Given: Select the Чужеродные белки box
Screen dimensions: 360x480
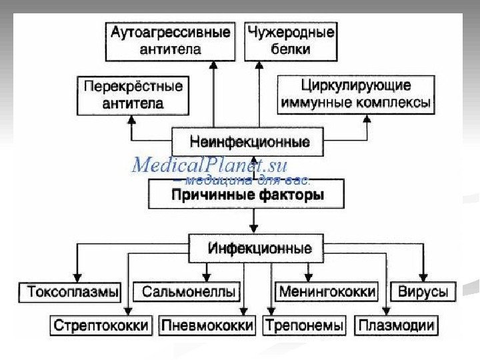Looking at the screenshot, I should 291,41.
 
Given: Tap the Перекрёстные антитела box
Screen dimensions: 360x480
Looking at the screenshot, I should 131,95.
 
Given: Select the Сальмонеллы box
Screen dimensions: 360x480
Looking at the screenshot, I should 188,291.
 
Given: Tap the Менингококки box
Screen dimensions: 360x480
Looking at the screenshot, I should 327,291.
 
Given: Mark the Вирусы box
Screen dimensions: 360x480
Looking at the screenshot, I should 422,291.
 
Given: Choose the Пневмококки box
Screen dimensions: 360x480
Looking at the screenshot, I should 207,326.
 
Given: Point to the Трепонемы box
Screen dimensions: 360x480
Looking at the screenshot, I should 305,326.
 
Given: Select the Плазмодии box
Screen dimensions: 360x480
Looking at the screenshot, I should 397,326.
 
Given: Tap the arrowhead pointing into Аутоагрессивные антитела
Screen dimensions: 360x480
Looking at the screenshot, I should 214,65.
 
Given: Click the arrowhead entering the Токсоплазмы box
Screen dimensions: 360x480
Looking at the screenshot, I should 79,277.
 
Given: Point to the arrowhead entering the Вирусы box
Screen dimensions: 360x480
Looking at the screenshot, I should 422,277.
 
